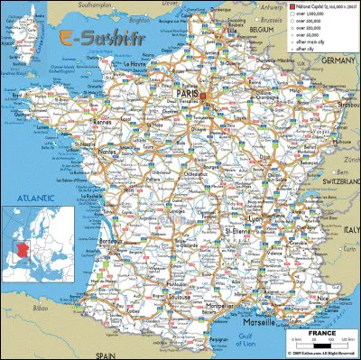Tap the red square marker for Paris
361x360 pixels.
(204, 94)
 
